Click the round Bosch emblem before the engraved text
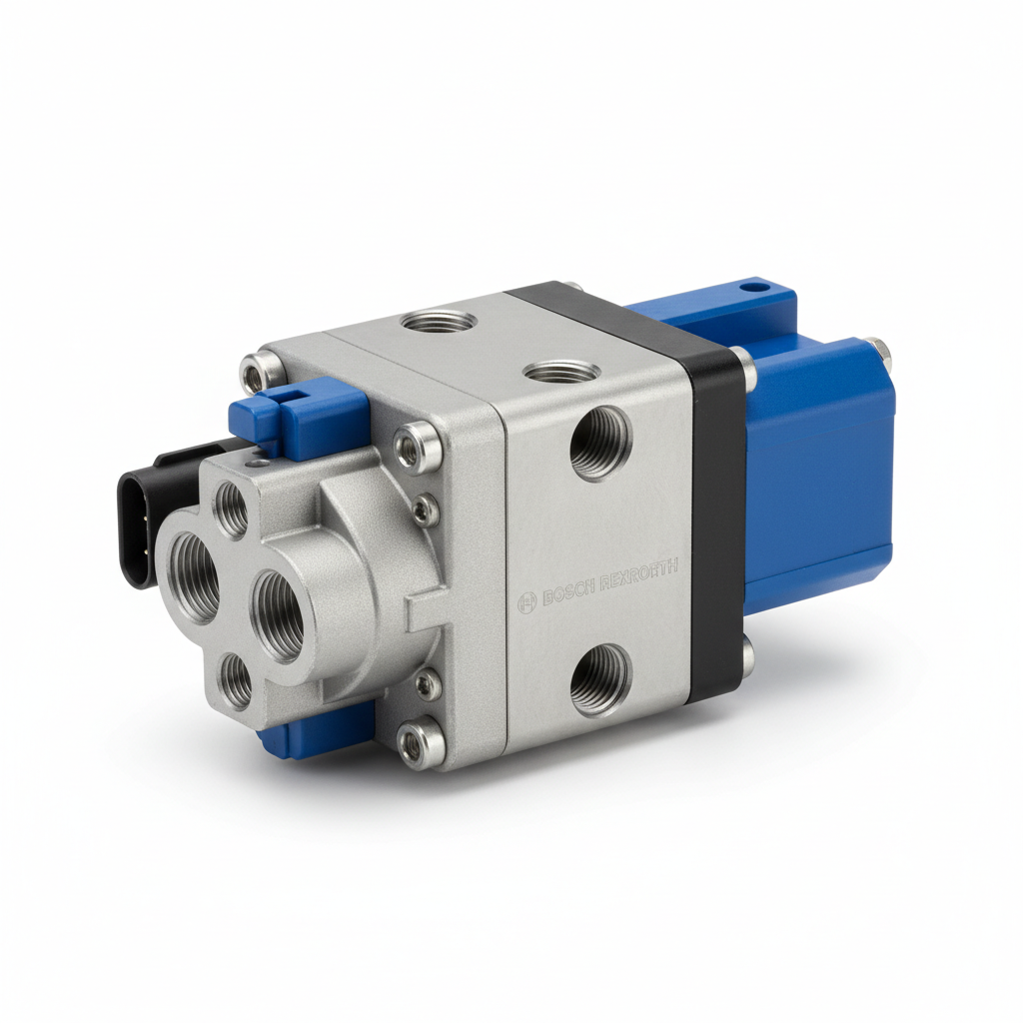point(527,603)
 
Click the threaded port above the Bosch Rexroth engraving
point(600,442)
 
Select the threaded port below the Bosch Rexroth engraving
point(600,679)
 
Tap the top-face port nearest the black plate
point(561,372)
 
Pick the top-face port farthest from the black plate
point(438,322)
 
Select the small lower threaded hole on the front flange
point(237,681)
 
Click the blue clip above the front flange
point(300,420)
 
